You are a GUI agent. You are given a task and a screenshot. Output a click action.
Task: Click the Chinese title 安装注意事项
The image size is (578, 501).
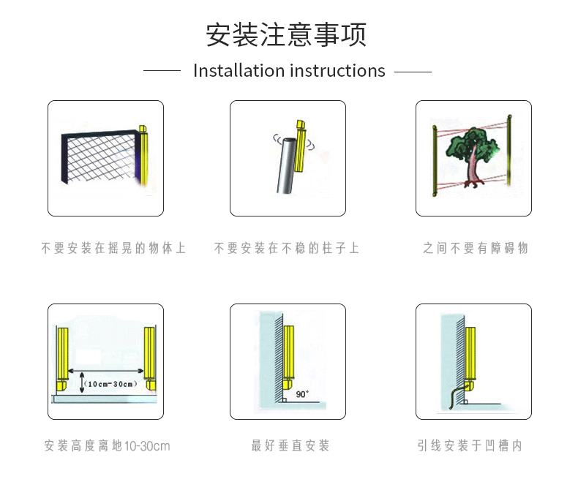pyautogui.click(x=286, y=34)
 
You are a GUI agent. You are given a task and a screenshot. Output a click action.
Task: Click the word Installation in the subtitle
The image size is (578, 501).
pyautogui.click(x=239, y=71)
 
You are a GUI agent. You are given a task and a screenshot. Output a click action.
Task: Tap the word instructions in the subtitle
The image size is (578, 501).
pyautogui.click(x=337, y=71)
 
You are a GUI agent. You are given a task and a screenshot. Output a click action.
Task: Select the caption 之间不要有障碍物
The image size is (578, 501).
pyautogui.click(x=475, y=249)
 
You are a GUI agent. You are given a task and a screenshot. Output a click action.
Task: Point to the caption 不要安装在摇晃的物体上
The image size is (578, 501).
pyautogui.click(x=114, y=249)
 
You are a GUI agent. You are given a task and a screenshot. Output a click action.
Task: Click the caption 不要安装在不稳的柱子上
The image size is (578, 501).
pyautogui.click(x=287, y=249)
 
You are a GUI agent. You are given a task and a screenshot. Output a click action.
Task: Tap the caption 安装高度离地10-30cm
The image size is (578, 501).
pyautogui.click(x=107, y=445)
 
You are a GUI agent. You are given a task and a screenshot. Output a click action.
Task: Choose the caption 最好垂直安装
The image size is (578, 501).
pyautogui.click(x=290, y=445)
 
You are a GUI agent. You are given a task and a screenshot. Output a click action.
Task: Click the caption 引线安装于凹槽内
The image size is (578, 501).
pyautogui.click(x=470, y=445)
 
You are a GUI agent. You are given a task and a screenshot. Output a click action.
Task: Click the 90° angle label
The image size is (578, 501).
pyautogui.click(x=302, y=394)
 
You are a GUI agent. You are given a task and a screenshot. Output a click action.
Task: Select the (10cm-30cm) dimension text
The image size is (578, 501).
pyautogui.click(x=110, y=384)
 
